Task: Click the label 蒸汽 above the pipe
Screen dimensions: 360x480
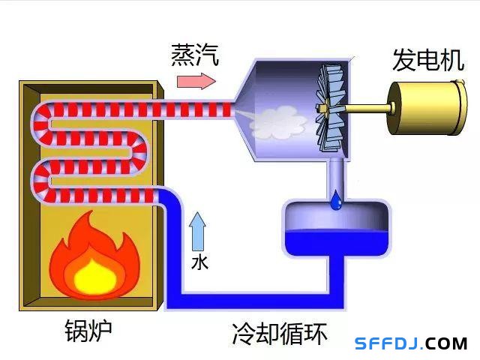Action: click(195, 54)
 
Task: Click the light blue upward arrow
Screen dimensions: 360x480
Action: click(197, 230)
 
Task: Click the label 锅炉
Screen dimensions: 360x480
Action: click(88, 331)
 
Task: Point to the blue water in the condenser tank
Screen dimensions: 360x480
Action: click(336, 242)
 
